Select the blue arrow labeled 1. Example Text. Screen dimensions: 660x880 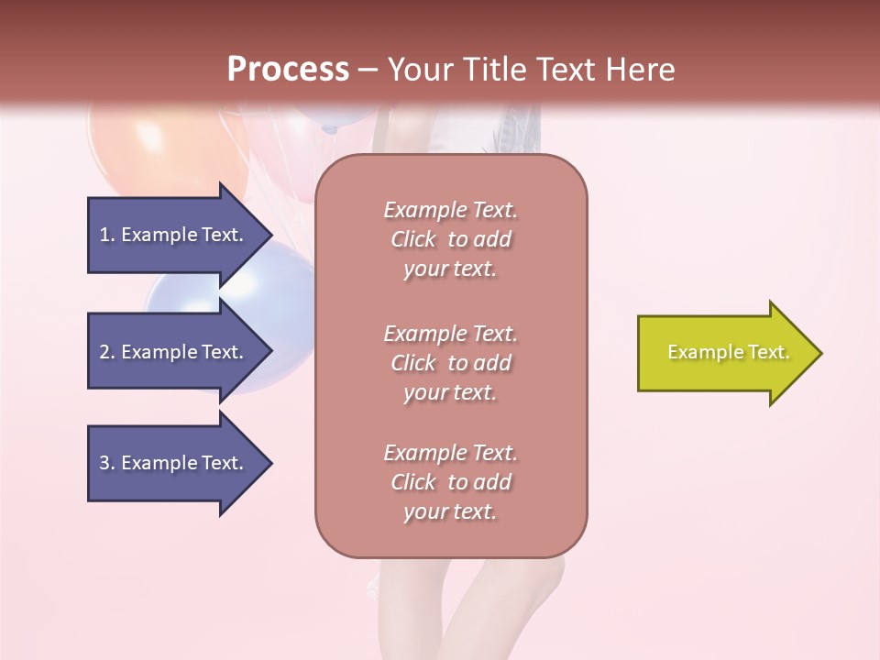[174, 235]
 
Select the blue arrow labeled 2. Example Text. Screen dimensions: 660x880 [174, 352]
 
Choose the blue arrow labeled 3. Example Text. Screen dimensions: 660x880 [174, 463]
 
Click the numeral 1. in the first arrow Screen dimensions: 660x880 [106, 235]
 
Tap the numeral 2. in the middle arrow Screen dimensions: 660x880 [106, 352]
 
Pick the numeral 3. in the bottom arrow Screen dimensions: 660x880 [106, 463]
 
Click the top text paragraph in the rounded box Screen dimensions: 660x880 [451, 239]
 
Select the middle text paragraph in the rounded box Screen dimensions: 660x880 [451, 363]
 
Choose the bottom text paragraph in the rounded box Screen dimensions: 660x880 [451, 482]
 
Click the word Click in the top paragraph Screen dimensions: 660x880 [413, 239]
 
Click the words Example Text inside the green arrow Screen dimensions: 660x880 [728, 352]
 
